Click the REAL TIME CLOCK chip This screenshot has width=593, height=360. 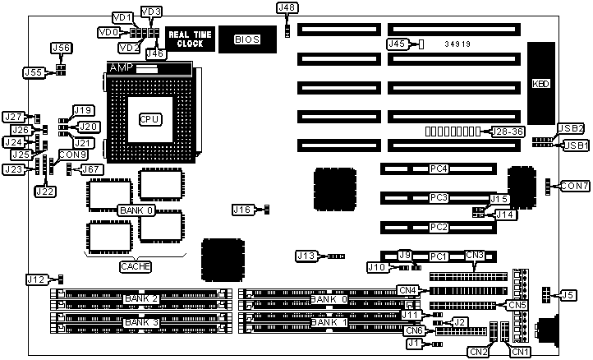[190, 39]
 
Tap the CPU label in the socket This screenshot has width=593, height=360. [149, 119]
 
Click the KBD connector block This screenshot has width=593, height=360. [540, 84]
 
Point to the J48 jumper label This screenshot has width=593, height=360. [287, 8]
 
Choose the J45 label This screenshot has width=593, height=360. [397, 44]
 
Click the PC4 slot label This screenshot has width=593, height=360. [439, 169]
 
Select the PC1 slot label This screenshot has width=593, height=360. [439, 256]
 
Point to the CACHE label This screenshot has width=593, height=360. [135, 266]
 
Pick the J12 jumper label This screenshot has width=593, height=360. [35, 279]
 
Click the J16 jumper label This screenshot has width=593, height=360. [241, 210]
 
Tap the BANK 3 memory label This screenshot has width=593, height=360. [141, 322]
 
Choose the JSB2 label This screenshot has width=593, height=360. [570, 128]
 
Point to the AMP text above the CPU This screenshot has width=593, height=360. [122, 67]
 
